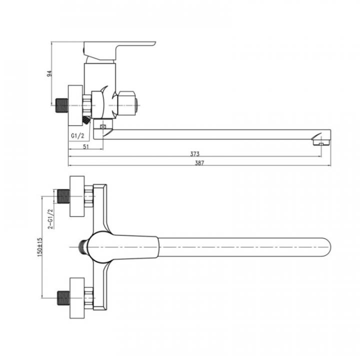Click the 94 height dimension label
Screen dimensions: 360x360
click(49, 73)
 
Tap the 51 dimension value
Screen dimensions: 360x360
click(86, 146)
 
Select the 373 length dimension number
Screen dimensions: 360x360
click(195, 153)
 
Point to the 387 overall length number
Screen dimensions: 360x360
click(199, 163)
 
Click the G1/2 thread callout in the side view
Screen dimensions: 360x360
click(77, 135)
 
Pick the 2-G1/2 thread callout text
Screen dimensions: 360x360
click(50, 218)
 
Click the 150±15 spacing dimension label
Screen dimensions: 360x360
click(40, 247)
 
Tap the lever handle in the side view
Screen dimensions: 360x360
click(119, 50)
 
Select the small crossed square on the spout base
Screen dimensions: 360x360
click(103, 126)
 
